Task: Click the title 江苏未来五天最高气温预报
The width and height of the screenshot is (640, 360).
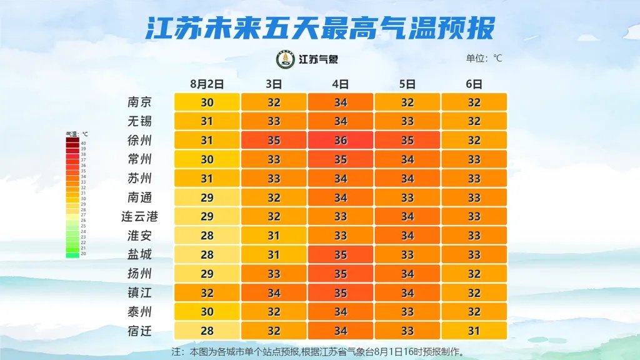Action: [x=320, y=28]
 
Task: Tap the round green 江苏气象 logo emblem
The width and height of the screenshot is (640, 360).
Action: [x=286, y=59]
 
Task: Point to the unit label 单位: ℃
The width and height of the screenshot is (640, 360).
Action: [x=484, y=59]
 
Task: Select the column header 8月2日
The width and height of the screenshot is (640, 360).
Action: [x=207, y=84]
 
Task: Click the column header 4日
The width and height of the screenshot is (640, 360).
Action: [x=340, y=84]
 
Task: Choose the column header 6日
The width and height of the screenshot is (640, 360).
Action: [x=474, y=84]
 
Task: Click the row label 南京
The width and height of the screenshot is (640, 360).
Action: [x=139, y=102]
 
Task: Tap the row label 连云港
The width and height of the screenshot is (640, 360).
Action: [x=139, y=217]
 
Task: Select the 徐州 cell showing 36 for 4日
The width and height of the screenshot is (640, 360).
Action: [x=340, y=141]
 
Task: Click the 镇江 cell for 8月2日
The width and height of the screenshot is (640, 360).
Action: [x=207, y=293]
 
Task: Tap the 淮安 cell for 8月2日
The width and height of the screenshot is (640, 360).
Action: [x=207, y=236]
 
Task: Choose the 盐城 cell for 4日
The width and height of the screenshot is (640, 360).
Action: [x=340, y=255]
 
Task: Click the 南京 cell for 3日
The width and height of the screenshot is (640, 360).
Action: [x=274, y=102]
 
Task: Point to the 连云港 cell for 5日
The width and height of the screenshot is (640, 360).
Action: [x=407, y=217]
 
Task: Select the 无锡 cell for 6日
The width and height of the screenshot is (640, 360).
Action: [x=474, y=121]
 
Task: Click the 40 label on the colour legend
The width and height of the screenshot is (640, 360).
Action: [x=83, y=143]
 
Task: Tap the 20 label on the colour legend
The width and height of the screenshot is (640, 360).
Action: [x=83, y=254]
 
